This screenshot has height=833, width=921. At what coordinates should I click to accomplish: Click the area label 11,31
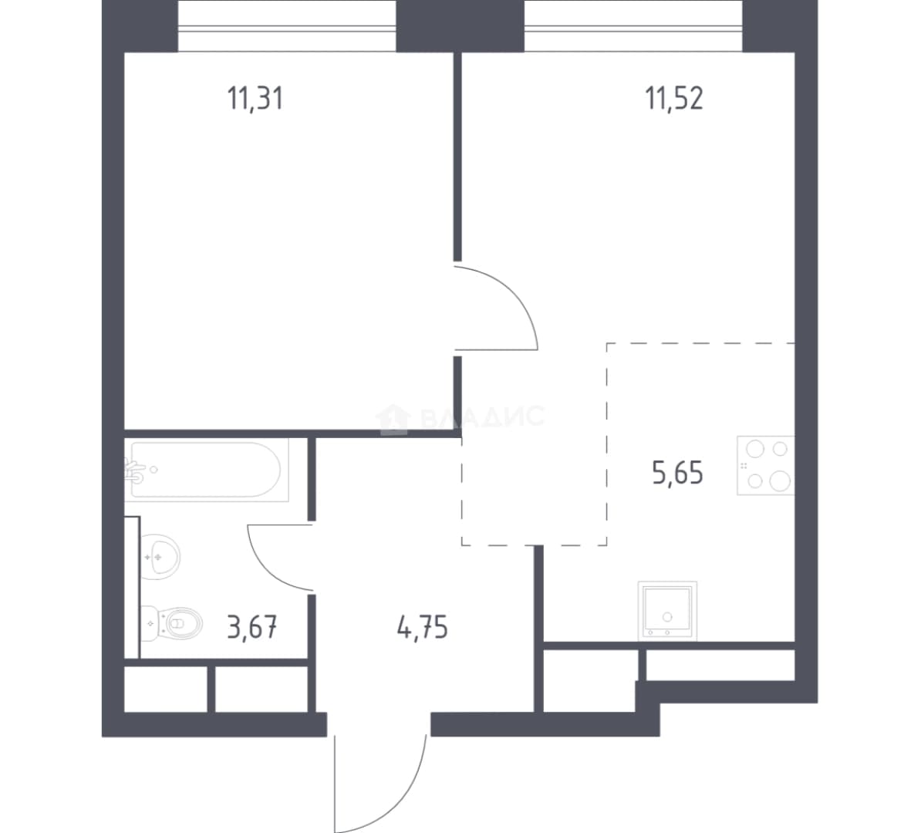255,98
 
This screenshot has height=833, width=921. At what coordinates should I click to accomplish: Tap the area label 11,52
673,98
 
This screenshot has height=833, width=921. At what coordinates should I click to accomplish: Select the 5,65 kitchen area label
677,472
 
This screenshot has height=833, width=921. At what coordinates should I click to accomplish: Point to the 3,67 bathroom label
252,627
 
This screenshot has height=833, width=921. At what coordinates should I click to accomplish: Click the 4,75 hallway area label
423,627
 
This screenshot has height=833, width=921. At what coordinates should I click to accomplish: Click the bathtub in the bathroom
206,470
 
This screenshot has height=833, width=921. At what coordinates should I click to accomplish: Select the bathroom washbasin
160,556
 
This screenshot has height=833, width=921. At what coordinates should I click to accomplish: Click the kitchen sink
667,610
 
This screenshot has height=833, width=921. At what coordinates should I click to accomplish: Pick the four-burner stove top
766,465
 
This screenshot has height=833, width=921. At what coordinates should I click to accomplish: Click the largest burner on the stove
780,481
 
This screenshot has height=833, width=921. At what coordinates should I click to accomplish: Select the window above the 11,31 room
287,27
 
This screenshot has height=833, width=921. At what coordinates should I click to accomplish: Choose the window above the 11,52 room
633,27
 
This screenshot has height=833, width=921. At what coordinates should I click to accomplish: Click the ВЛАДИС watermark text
483,416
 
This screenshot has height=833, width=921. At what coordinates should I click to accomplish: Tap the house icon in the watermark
393,418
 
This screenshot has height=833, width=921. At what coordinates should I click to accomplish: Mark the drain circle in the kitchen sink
667,617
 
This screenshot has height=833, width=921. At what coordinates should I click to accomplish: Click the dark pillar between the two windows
460,26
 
